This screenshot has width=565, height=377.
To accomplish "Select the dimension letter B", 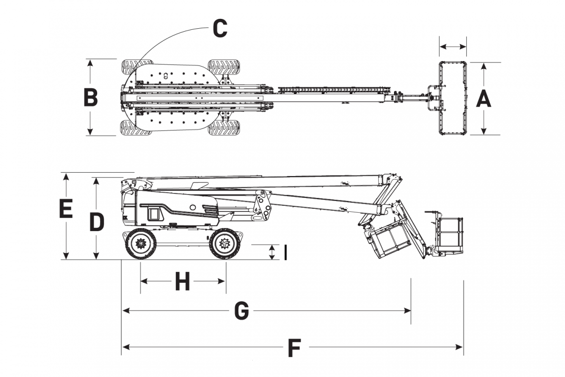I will (90, 98).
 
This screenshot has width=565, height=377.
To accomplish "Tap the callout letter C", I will (220, 28).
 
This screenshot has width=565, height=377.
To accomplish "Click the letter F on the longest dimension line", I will (294, 348).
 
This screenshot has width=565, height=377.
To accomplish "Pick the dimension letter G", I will (241, 312).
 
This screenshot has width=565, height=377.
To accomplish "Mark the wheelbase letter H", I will (182, 282).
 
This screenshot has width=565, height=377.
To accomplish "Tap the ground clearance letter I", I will (285, 252).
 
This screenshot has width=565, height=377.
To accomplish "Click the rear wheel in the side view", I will (141, 244).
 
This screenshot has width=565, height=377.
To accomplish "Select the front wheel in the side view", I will (226, 244).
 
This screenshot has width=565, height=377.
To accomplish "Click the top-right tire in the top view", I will (224, 66).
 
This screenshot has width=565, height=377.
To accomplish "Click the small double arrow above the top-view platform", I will (453, 47).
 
